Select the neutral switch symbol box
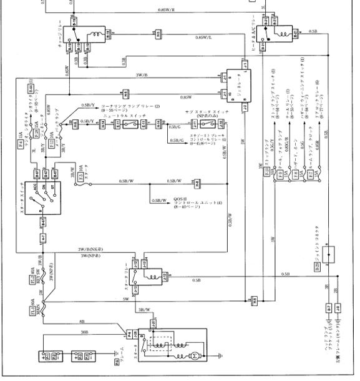click(129, 125)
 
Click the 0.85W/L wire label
click(203, 37)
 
